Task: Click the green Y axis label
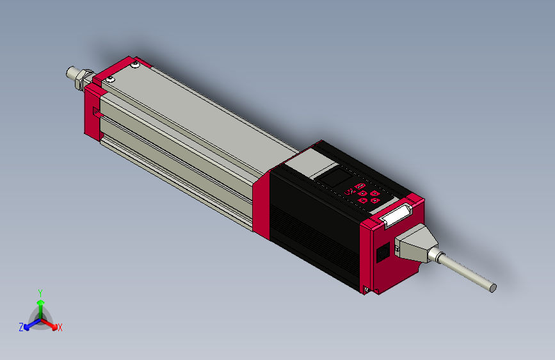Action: click(40, 292)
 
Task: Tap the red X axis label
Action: click(60, 327)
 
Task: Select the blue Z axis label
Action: click(21, 327)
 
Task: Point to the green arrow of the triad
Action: click(40, 305)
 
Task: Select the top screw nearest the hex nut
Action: click(111, 79)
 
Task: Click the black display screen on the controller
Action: click(337, 176)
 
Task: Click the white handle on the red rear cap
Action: click(396, 215)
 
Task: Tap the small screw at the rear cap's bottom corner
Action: click(366, 290)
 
